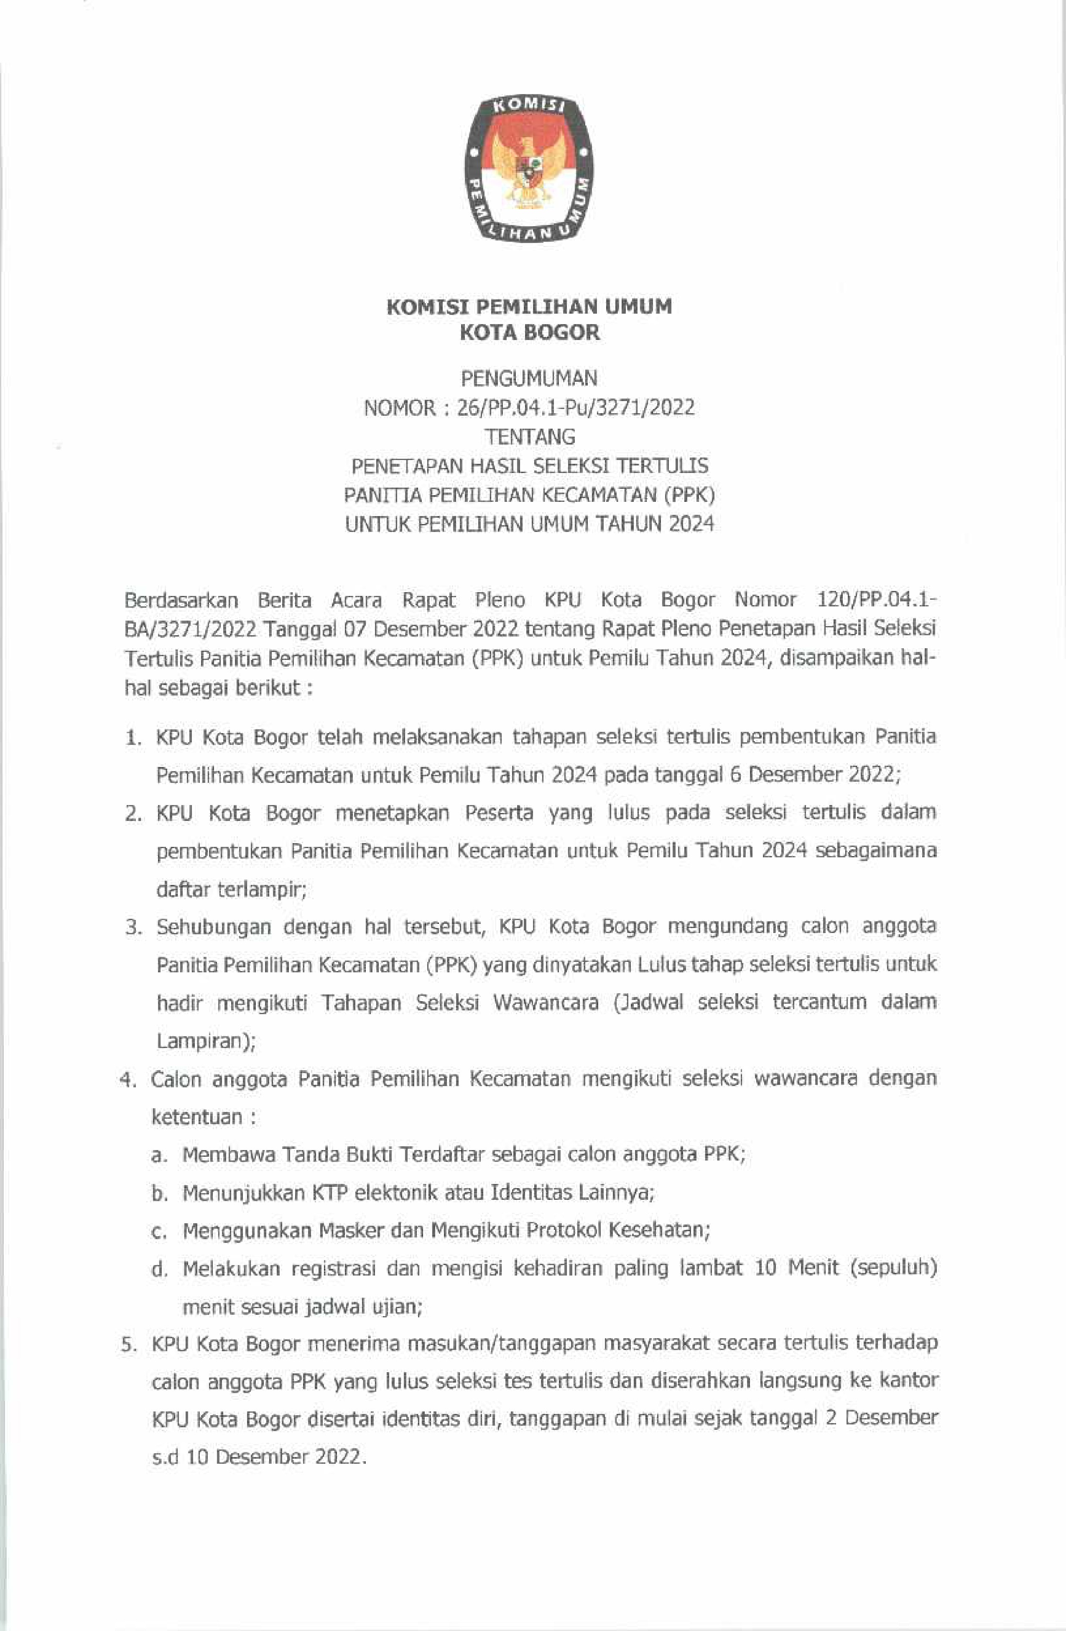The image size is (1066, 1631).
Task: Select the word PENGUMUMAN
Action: coord(529,378)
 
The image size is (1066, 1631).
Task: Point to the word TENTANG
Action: coord(529,437)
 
